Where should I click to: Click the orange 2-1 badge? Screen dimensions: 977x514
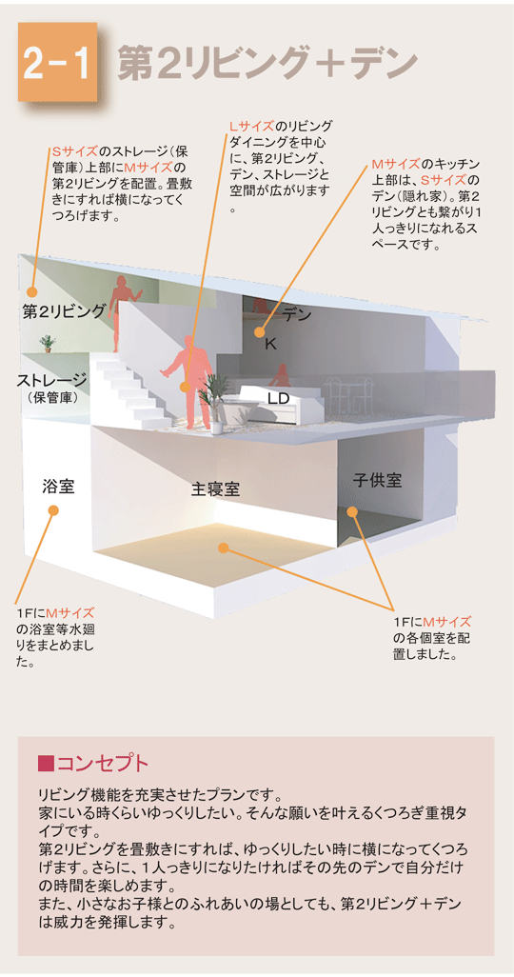click(x=58, y=62)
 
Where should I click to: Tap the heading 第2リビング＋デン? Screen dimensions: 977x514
click(x=267, y=63)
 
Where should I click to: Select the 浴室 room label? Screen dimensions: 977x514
click(x=58, y=487)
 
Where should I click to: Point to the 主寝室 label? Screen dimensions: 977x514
click(x=215, y=489)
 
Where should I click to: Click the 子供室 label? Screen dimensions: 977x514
click(x=377, y=481)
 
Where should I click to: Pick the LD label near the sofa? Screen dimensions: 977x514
click(x=278, y=398)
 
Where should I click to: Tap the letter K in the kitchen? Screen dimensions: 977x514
click(x=269, y=343)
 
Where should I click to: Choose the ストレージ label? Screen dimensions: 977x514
click(x=51, y=380)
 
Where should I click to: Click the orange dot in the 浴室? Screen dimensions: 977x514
click(x=53, y=510)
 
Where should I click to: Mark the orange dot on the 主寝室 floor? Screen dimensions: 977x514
click(x=224, y=547)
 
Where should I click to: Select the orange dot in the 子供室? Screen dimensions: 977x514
click(x=352, y=511)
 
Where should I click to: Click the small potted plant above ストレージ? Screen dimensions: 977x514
click(x=47, y=342)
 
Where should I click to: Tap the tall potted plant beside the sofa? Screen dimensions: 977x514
click(x=216, y=400)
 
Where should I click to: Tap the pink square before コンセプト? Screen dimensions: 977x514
click(x=44, y=763)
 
